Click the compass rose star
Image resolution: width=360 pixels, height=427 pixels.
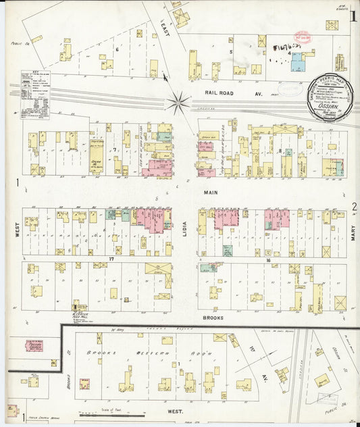(179, 103)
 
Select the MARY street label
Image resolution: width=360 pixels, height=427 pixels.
(353, 233)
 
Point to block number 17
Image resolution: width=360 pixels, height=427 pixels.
(113, 259)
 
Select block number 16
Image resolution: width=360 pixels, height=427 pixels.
(268, 259)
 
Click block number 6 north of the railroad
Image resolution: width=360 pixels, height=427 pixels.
(116, 49)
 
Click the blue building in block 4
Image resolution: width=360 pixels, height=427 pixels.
(297, 64)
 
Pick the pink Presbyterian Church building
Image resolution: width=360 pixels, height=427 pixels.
(35, 346)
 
